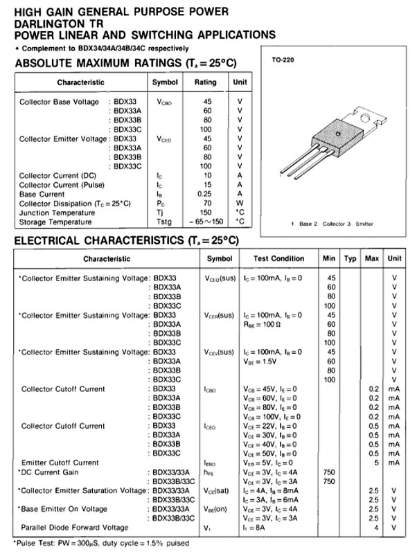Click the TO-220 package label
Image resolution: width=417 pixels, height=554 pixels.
pos(282,61)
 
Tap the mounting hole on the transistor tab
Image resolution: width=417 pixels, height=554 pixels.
pos(339,132)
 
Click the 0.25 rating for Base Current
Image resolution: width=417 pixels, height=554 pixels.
pos(206,195)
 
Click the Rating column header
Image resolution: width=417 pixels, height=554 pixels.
pos(205,82)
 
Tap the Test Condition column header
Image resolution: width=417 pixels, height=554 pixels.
pos(278,258)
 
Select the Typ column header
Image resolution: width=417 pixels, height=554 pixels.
pos(350,258)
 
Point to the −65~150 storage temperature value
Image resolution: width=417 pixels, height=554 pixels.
pos(204,222)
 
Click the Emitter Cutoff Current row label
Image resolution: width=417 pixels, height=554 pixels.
pos(60,462)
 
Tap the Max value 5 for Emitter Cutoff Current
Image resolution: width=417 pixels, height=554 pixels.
pos(375,462)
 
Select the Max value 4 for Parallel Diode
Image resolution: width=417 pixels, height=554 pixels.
pos(375,528)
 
